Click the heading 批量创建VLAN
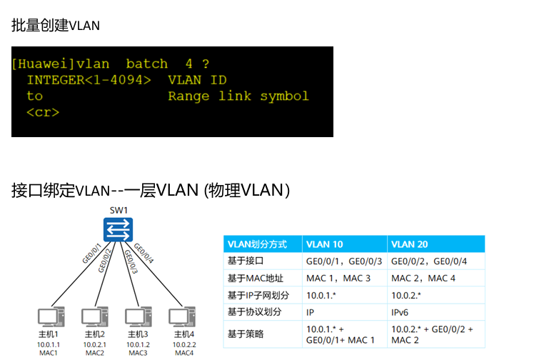(x=56, y=26)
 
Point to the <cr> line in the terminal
(x=43, y=113)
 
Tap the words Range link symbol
(x=238, y=96)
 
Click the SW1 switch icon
(x=117, y=230)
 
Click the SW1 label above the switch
(x=119, y=211)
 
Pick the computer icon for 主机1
(x=49, y=317)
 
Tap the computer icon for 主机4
(x=182, y=317)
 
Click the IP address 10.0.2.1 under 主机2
(x=95, y=344)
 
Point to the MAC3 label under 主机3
(x=138, y=353)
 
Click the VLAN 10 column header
(x=324, y=244)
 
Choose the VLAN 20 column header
(x=410, y=244)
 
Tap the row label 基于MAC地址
(x=255, y=278)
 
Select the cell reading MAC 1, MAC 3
(x=338, y=278)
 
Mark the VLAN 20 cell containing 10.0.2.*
(x=407, y=295)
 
